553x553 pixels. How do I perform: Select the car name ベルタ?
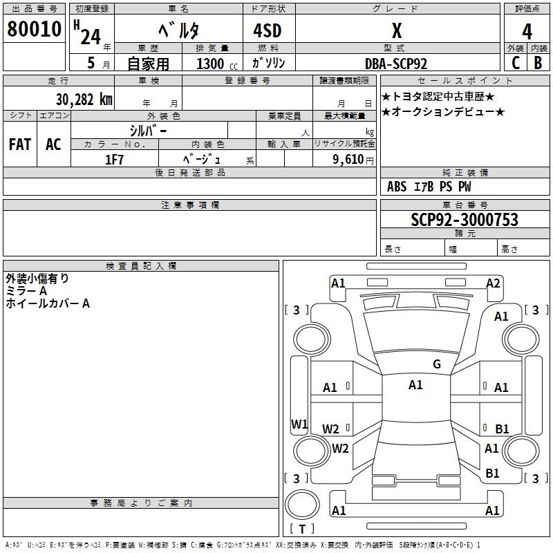178,30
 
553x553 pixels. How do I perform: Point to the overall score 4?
527,31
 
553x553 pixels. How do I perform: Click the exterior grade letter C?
516,63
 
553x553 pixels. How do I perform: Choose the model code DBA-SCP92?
396,64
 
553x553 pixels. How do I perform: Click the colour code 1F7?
114,159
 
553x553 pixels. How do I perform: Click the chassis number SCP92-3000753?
464,220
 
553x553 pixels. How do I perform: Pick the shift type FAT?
19,144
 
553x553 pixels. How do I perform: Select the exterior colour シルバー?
148,130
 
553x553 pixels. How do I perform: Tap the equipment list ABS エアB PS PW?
429,187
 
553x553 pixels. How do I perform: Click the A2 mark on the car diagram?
493,283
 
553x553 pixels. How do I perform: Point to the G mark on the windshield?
436,364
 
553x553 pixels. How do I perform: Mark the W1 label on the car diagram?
299,424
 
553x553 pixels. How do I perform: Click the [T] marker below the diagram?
302,529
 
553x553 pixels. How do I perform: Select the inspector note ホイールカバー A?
48,303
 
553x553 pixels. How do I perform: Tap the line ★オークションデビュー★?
443,112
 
